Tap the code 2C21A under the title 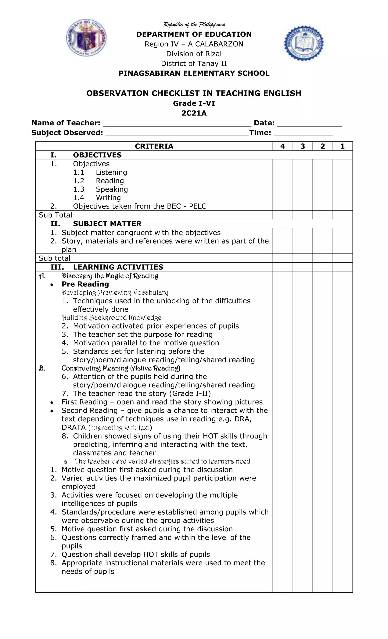point(194,113)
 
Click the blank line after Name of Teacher point(177,124)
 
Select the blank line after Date point(309,124)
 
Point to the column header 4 point(282,146)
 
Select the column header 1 point(342,146)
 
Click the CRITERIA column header point(154,146)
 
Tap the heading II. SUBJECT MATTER point(96,224)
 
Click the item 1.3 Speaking point(101,189)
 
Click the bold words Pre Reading point(85,284)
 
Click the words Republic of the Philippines point(194,25)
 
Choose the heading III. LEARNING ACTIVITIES point(107,267)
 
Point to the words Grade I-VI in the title point(194,103)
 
